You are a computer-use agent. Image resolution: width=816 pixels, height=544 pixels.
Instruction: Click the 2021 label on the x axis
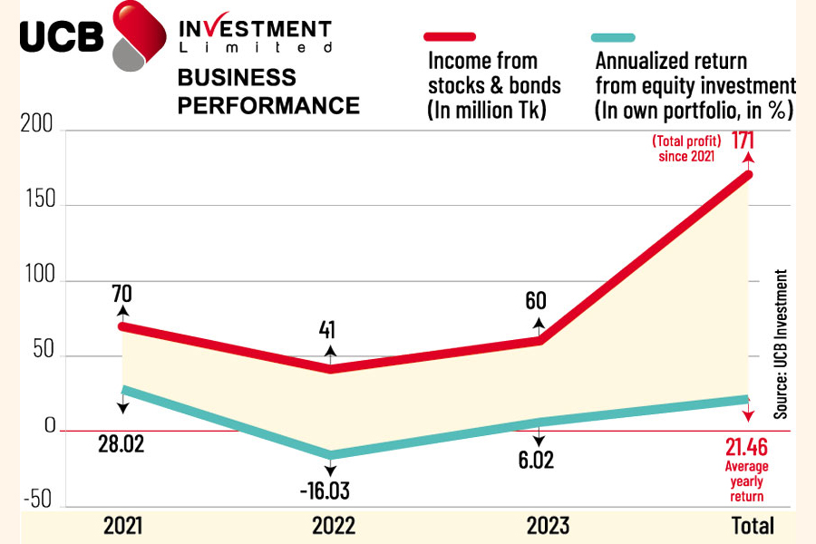pos(122,525)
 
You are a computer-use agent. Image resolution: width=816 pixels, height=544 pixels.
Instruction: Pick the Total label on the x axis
pos(753,525)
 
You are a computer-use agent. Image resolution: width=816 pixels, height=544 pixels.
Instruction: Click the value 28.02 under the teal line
pos(121,444)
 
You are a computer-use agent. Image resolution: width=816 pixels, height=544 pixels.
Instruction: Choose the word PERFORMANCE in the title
pos(268,105)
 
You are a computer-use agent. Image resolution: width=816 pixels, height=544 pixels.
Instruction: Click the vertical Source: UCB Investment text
pos(780,345)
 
